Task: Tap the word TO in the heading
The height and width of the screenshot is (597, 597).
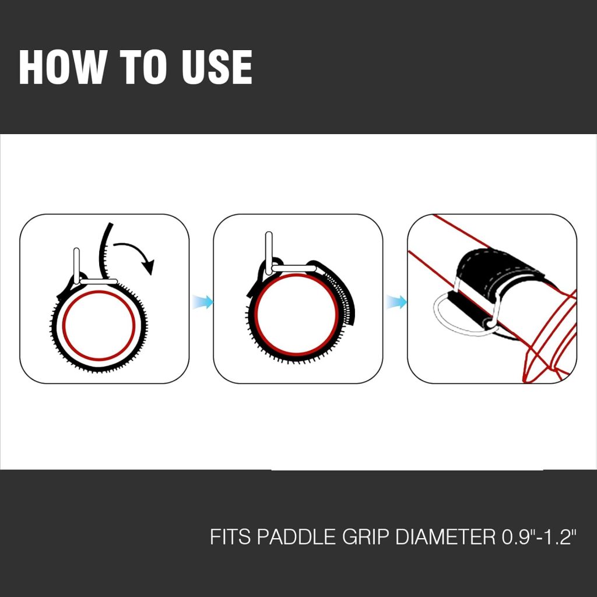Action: coord(143,67)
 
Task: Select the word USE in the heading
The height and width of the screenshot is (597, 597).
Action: coord(216,67)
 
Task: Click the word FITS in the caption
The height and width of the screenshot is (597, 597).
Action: coord(230,536)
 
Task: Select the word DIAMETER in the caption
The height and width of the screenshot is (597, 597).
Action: coord(445,536)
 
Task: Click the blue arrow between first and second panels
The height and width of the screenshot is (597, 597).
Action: coord(202,302)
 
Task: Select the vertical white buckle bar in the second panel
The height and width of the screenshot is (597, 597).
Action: coord(269,251)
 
